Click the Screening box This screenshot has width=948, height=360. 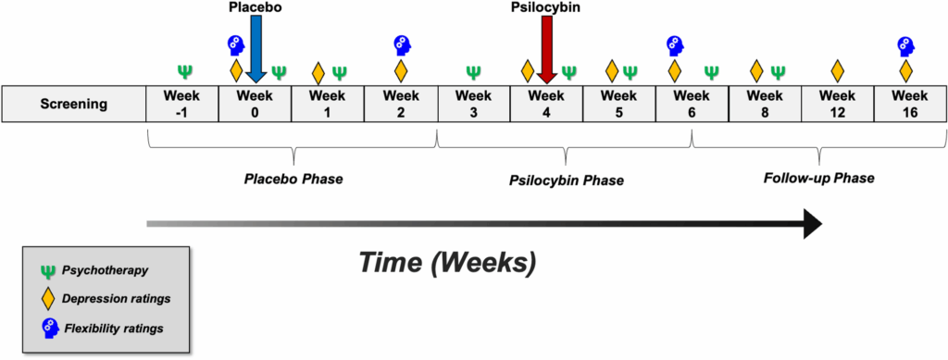coord(73,104)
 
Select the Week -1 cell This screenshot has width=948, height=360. coord(182,104)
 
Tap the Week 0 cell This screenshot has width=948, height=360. coord(255,104)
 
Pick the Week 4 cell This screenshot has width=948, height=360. coord(545,104)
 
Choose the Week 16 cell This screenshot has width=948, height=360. coord(909,104)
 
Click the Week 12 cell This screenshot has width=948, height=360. coord(837,104)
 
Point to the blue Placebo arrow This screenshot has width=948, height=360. coord(257,52)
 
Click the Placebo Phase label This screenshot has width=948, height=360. coord(293,179)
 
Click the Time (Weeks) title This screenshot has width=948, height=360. coord(446,262)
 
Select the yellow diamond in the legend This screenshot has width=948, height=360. coord(48,300)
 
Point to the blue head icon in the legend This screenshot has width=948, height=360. coord(48,328)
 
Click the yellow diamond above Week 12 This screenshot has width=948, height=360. coord(838,70)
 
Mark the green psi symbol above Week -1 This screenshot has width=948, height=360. coord(185,70)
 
